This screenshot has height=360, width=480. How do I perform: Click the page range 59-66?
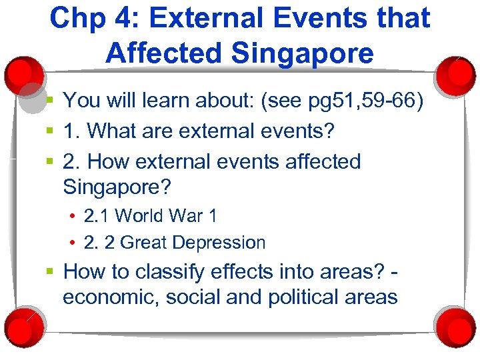(385, 101)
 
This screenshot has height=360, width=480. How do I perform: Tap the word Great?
(144, 243)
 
